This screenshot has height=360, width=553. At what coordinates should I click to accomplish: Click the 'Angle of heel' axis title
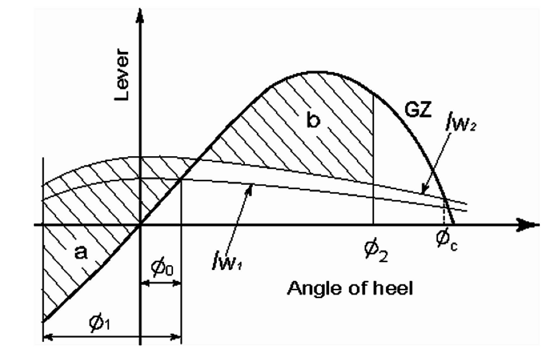[x=350, y=289]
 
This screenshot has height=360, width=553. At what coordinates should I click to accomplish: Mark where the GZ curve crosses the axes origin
[x=141, y=225]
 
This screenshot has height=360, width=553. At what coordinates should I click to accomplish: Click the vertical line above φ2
[x=373, y=161]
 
